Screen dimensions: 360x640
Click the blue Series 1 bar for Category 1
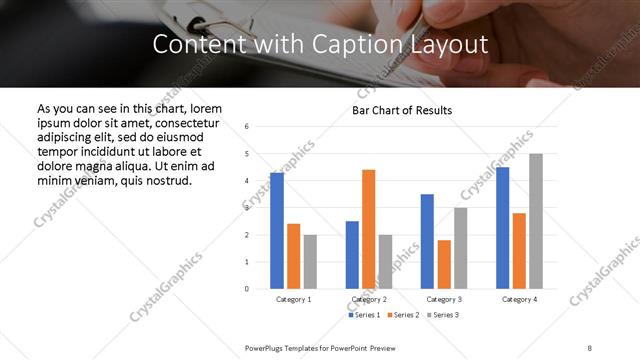tap(277, 231)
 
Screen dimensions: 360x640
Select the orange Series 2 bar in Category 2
tap(368, 229)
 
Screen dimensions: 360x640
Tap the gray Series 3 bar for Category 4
tap(536, 221)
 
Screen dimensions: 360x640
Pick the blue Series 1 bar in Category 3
tap(427, 241)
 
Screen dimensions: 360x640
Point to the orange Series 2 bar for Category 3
tap(444, 264)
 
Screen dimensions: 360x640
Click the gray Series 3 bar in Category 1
tap(310, 262)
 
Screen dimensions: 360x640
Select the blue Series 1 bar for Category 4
tap(502, 228)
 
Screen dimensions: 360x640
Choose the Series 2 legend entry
tap(402, 315)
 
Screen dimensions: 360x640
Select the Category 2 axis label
tap(369, 299)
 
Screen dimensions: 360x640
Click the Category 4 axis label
tap(519, 299)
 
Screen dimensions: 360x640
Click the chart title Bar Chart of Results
tap(402, 110)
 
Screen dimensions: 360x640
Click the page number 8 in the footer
tap(590, 347)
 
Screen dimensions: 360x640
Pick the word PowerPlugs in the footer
tap(265, 347)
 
